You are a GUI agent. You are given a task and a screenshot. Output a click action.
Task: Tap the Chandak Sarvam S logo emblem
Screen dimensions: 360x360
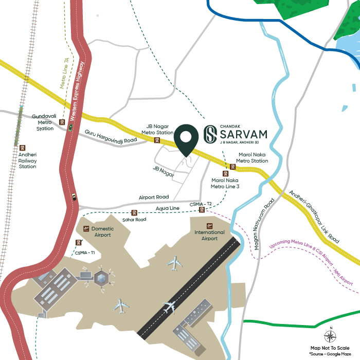coord(210,135)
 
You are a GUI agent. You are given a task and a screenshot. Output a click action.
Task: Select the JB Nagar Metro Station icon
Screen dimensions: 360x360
coord(157,140)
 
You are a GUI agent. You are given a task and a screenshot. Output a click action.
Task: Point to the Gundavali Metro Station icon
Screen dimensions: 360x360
coord(62,122)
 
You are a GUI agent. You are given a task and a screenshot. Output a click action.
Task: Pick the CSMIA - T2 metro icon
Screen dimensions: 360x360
coord(203,209)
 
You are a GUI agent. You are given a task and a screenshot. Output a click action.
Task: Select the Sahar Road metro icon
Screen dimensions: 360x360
coord(134,212)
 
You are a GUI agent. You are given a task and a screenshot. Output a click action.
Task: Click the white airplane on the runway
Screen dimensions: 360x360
coord(170,308)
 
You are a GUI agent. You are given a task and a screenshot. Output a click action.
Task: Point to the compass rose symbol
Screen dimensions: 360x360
coord(331,337)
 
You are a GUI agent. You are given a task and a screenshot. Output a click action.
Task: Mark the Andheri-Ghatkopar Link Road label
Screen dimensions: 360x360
coord(314,217)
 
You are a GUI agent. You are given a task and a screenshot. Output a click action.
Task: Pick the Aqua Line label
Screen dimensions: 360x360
coord(167,208)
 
